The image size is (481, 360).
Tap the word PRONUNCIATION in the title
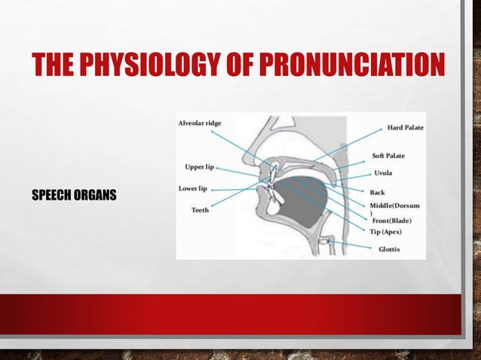click(x=345, y=66)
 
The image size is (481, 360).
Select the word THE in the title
click(x=54, y=66)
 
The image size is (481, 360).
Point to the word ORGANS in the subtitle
click(x=98, y=197)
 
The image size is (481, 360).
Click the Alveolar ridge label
click(x=205, y=124)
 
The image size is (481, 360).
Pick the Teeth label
click(x=199, y=210)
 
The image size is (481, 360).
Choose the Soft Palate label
click(x=388, y=156)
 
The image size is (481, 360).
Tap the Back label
click(x=378, y=192)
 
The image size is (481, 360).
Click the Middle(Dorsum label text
click(x=394, y=205)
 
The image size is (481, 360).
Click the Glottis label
click(x=389, y=249)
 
